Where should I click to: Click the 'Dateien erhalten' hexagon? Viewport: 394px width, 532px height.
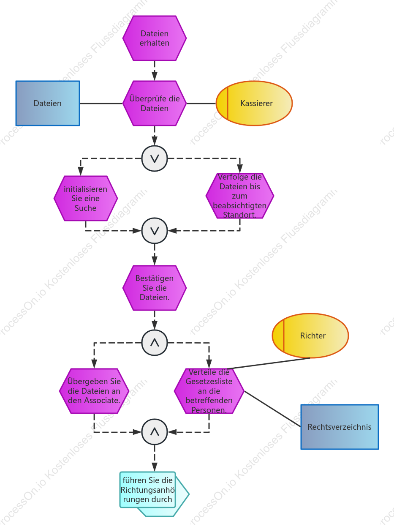pos(155,38)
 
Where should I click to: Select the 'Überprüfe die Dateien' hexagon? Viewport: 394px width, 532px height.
pos(155,103)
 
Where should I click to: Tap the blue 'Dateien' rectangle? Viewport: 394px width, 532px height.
pos(48,103)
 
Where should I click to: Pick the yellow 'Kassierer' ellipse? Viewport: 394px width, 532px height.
pos(254,103)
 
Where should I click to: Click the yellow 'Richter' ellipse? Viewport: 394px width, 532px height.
pos(310,336)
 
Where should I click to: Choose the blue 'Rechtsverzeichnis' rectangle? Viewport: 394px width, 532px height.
pos(340,427)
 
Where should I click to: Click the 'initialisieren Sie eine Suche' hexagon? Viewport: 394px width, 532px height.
pos(86,198)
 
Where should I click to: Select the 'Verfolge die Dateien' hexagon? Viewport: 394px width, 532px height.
pos(240,196)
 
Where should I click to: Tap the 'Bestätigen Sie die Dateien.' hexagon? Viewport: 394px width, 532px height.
pos(155,288)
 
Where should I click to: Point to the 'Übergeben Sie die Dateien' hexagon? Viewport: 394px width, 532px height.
pos(94,391)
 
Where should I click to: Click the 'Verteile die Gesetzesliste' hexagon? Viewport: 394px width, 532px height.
pos(209,391)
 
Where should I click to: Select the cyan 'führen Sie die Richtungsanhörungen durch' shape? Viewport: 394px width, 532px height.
pos(155,494)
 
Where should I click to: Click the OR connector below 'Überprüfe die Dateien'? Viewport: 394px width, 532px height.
pos(155,158)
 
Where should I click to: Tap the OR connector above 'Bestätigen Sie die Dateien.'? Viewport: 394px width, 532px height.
pos(155,231)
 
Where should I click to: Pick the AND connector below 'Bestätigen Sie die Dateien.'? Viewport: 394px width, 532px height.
pos(155,343)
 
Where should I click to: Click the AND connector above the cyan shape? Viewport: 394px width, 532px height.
pos(155,432)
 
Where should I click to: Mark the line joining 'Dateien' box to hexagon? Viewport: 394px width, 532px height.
pos(101,104)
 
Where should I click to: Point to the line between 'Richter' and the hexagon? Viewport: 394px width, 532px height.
pos(269,363)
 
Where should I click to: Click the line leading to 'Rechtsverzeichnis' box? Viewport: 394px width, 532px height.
pos(272,409)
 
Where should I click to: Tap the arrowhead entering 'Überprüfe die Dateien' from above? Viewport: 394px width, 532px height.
pos(155,76)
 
